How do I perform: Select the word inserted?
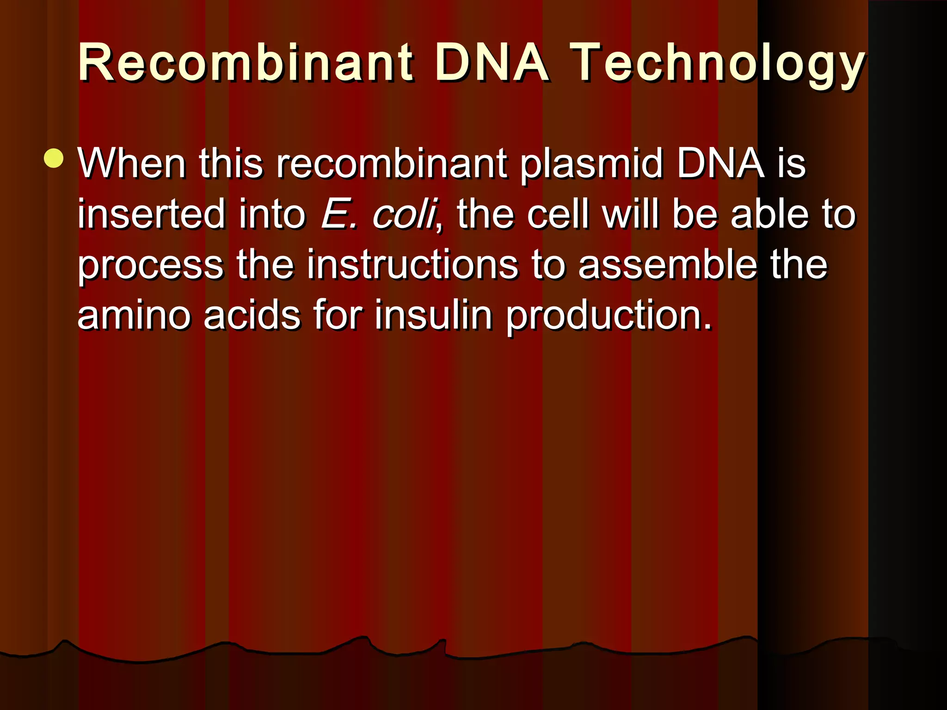pos(151,214)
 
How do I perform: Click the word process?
pos(151,265)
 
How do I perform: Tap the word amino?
pos(134,316)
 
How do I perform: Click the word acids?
pos(252,316)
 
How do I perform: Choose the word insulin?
pos(433,316)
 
